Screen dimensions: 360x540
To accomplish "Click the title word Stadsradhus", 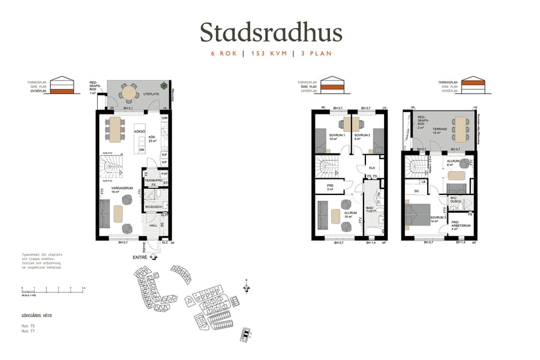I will point(271,32).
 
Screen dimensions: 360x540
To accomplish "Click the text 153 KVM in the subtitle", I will point(268,53).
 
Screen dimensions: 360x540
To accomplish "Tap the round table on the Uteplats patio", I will point(128,93).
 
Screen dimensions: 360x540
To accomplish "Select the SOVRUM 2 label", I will point(362,137).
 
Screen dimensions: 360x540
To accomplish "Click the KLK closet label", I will point(372,168).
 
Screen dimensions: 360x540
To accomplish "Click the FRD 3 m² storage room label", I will point(330,187).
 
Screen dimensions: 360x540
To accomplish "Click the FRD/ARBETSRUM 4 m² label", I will point(461,227).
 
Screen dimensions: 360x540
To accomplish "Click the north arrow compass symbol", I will point(246,287).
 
